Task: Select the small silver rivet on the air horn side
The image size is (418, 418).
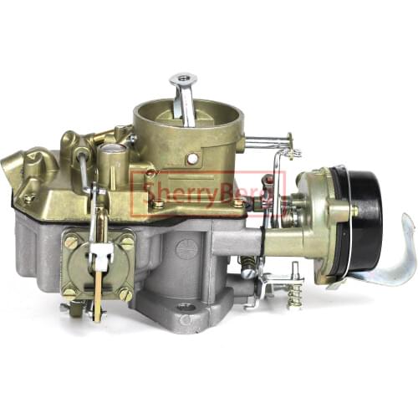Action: [x=193, y=158]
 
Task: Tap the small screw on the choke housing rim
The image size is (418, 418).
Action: [x=354, y=212]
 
